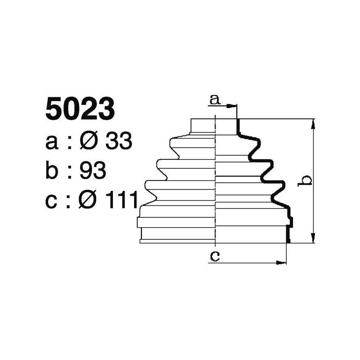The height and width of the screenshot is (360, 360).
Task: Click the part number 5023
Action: tap(79, 110)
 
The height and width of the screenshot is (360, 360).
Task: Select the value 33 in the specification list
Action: tap(118, 142)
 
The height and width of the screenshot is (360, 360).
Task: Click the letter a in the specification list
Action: tap(52, 143)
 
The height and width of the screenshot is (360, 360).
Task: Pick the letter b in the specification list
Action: tap(53, 171)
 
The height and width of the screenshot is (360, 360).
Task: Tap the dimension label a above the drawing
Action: tap(216, 99)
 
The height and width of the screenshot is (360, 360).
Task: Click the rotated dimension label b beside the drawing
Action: tap(306, 181)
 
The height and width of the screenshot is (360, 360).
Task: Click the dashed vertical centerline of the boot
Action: tap(216, 180)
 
